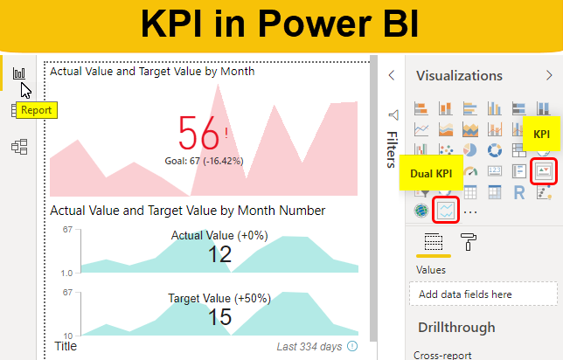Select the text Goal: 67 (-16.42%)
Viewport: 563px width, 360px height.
click(x=204, y=161)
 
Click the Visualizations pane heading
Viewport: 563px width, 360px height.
click(x=459, y=76)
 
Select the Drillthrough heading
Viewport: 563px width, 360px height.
click(x=456, y=328)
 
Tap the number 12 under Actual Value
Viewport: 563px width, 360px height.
click(x=220, y=254)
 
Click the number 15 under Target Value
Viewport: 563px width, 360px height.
click(x=220, y=317)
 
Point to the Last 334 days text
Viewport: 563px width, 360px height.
click(x=310, y=347)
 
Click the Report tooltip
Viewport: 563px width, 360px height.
click(x=37, y=111)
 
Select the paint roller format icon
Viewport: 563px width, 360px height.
click(x=469, y=242)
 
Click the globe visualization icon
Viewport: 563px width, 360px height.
click(x=422, y=210)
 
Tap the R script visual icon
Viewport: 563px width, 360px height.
click(x=519, y=191)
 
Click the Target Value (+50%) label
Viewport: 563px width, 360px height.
click(x=219, y=299)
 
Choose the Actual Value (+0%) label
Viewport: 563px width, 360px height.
click(x=219, y=236)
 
